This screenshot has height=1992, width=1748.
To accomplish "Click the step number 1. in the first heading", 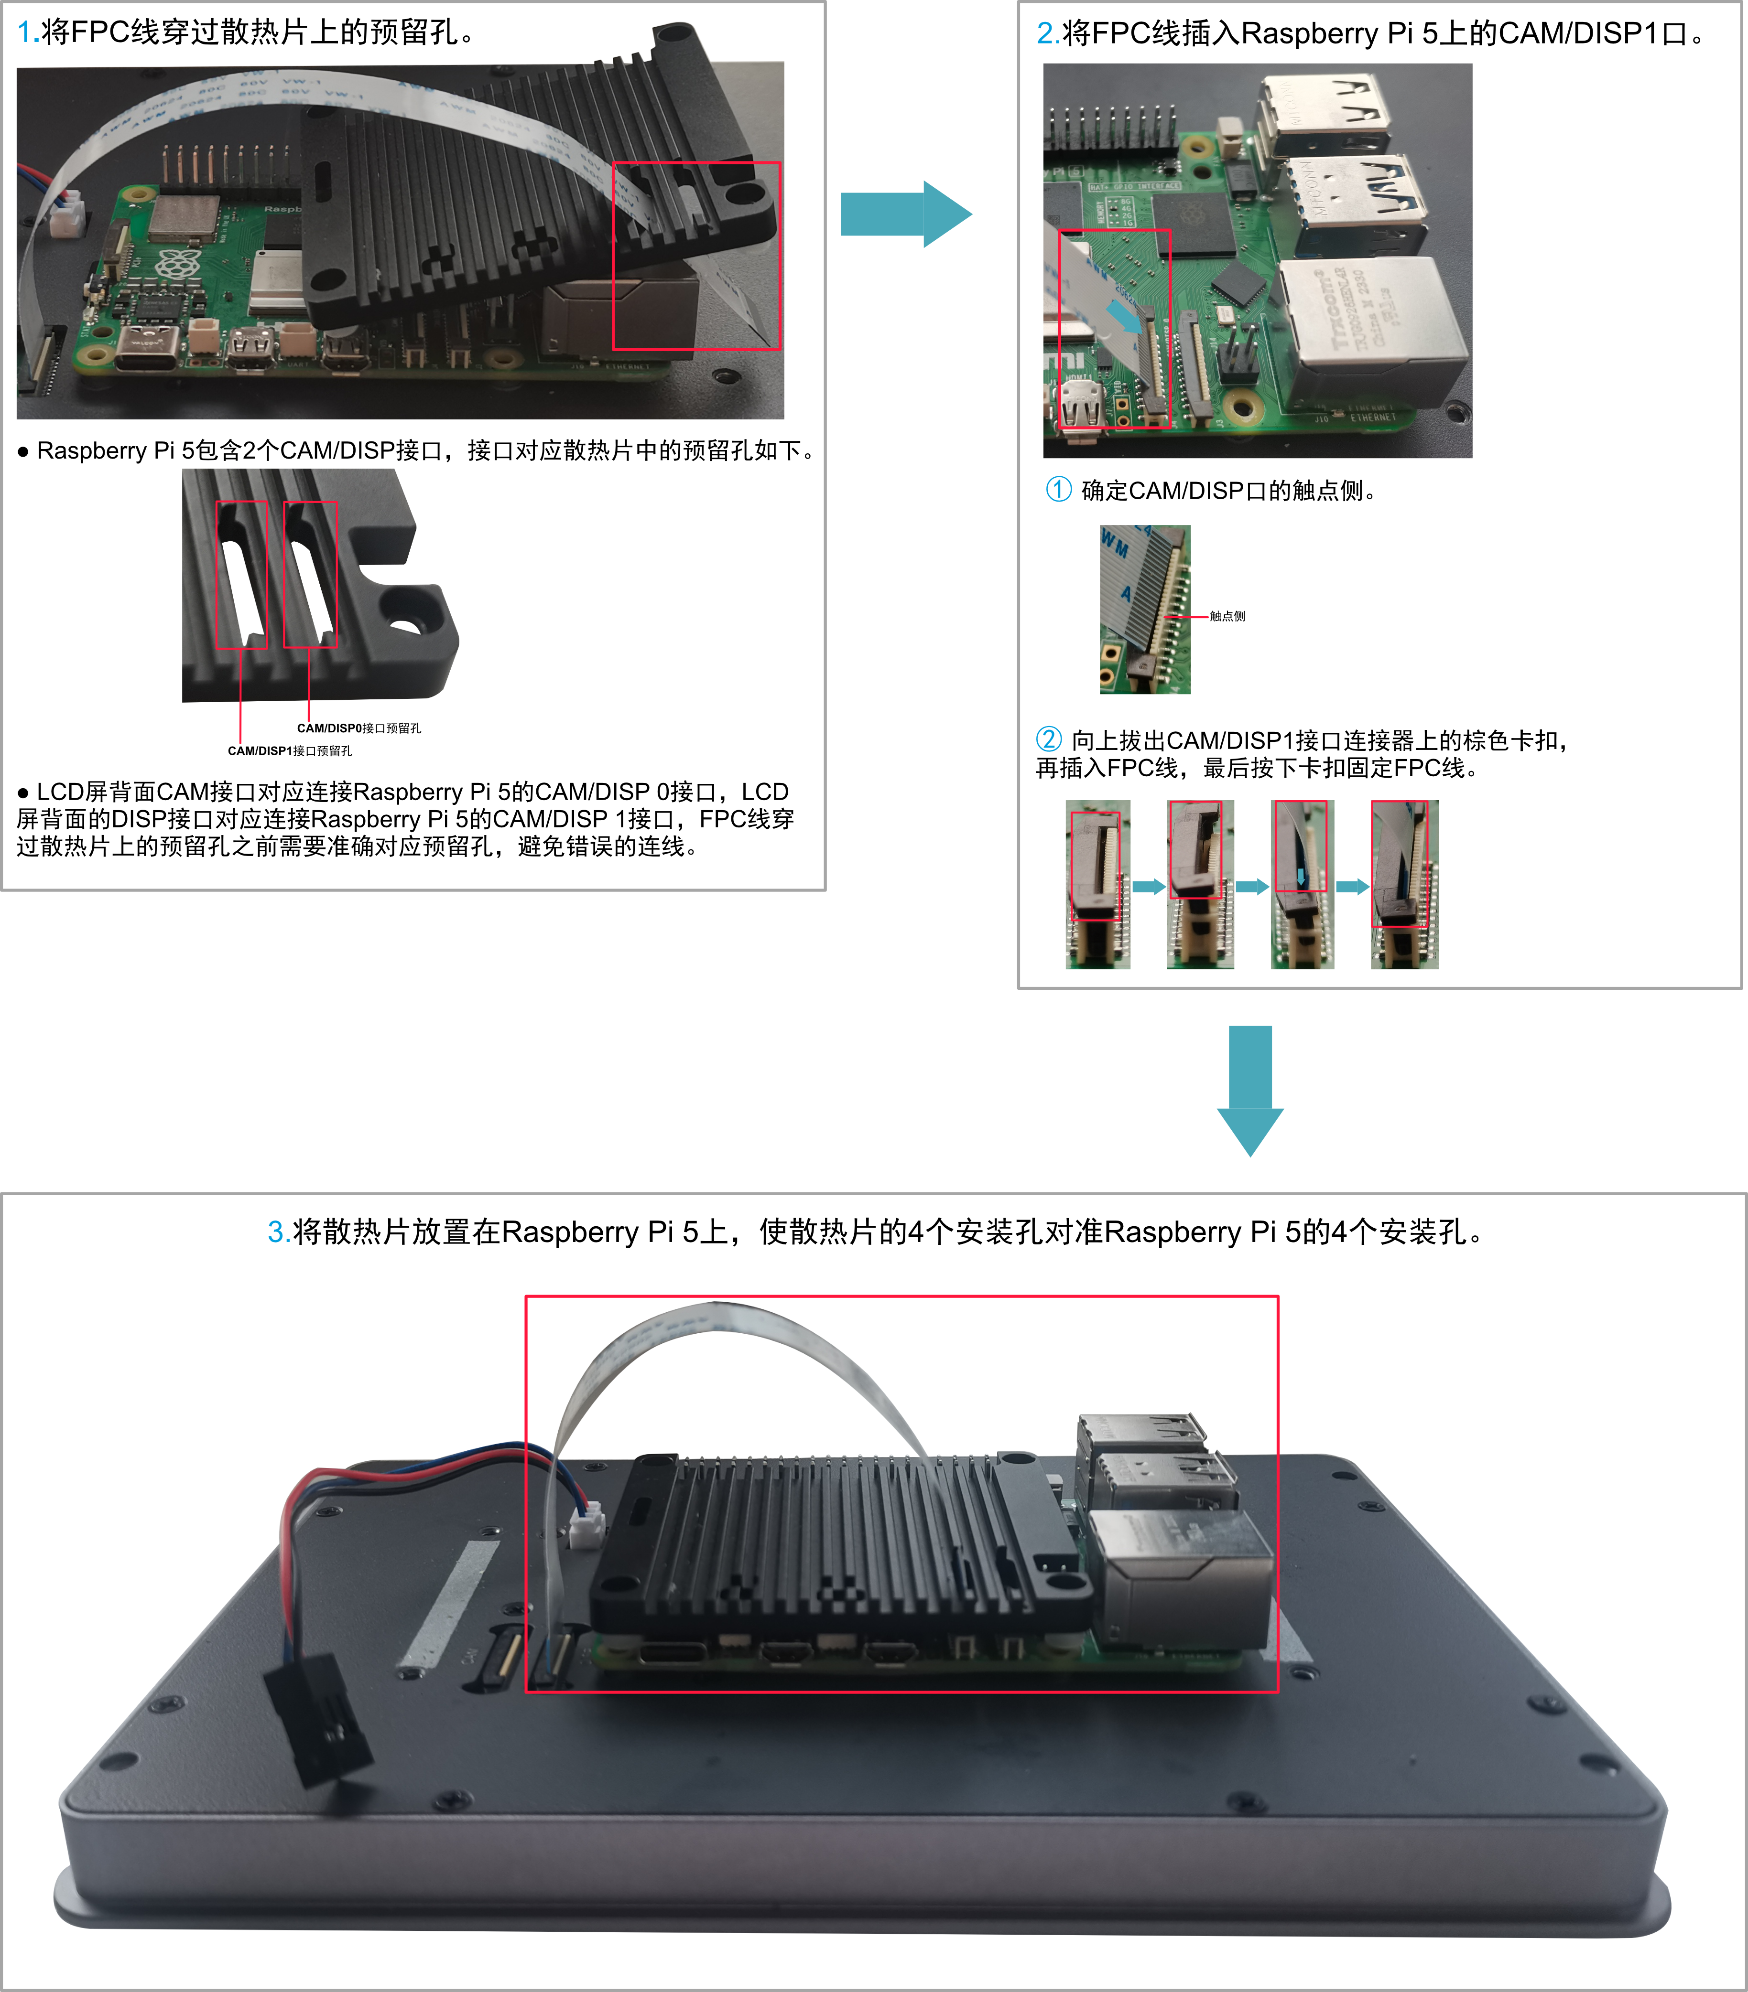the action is coord(28,32).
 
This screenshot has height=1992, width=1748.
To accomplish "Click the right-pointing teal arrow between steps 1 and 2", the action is coord(906,214).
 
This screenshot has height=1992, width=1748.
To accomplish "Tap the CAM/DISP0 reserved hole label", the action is coord(359,728).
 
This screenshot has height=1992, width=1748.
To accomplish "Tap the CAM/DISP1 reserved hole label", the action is coord(290,750).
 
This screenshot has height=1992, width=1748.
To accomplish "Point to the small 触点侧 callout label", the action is coord(1227,616).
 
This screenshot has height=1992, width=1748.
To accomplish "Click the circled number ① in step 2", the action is coord(1059,489).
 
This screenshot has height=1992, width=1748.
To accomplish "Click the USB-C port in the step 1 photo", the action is coord(146,348).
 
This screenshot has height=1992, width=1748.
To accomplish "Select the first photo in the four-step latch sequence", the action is coord(1098,884).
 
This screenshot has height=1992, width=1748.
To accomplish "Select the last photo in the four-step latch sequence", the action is coord(1404,884).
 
